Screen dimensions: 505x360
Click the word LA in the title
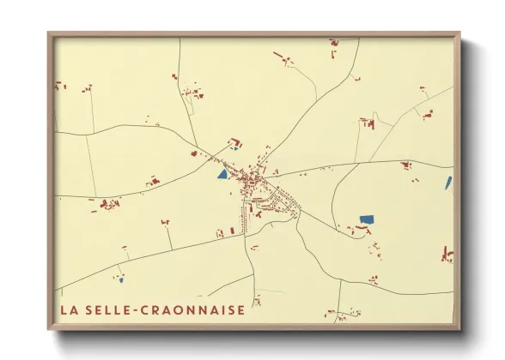pos(68,309)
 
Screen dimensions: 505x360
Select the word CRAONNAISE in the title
pos(193,309)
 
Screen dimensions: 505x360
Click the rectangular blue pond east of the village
pos(367,220)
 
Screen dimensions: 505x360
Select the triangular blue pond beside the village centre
pos(222,174)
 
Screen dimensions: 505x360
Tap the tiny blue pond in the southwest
pos(121,279)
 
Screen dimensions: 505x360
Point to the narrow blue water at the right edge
pos(448,183)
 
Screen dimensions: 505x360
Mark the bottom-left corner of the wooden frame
pos(49,329)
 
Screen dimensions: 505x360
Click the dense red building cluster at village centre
pos(252,182)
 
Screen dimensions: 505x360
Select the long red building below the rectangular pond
pos(362,230)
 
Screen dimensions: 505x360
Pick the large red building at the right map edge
pos(447,254)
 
